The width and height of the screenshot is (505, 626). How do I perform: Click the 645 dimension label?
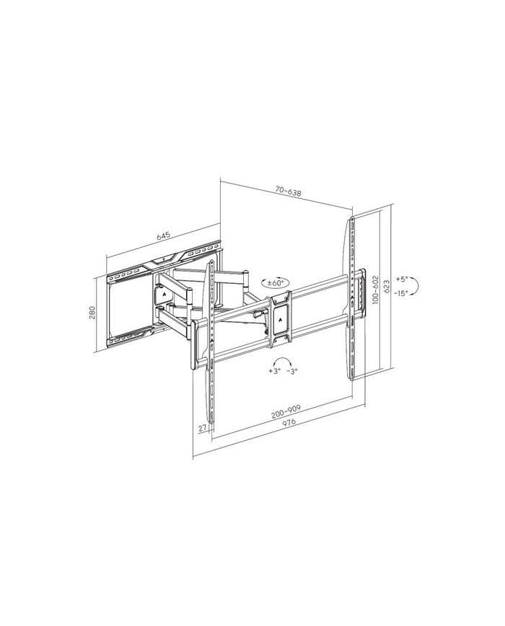coord(164,235)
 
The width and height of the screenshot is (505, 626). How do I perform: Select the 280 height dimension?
coord(92,313)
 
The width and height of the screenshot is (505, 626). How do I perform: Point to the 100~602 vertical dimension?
coord(375,290)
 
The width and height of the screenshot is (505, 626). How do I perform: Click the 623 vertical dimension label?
coord(386,287)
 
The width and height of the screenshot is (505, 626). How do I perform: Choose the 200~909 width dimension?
coord(286,411)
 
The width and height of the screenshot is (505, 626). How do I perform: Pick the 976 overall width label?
coord(289,423)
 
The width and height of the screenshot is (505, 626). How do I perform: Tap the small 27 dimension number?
coord(202,428)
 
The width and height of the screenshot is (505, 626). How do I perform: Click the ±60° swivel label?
coord(276,282)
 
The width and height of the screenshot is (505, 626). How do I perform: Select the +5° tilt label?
coord(401,279)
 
